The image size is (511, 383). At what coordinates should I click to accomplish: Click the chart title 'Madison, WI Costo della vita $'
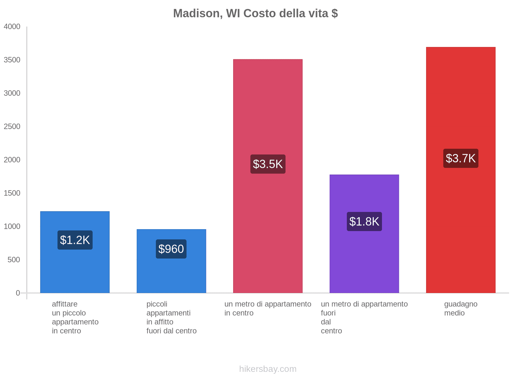pyautogui.click(x=256, y=13)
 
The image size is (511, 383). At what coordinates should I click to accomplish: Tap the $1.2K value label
pyautogui.click(x=75, y=240)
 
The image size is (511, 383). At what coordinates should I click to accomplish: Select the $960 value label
pyautogui.click(x=171, y=249)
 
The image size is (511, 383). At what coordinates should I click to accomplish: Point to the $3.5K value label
pyautogui.click(x=268, y=164)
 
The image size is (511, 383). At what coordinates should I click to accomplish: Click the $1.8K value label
pyautogui.click(x=364, y=222)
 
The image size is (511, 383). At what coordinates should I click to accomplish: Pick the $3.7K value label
pyautogui.click(x=461, y=158)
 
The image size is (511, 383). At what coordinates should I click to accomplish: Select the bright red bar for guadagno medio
pyautogui.click(x=461, y=223)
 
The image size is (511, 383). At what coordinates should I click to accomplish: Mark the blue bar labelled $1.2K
pyautogui.click(x=75, y=271)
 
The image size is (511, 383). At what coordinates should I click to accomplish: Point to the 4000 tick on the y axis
pyautogui.click(x=12, y=27)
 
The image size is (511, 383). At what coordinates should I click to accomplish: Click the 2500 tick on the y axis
pyautogui.click(x=12, y=127)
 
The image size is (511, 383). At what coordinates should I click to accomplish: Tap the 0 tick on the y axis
pyautogui.click(x=18, y=293)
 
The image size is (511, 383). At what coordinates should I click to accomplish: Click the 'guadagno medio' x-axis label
pyautogui.click(x=461, y=308)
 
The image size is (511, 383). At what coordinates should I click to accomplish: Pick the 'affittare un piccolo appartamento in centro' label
pyautogui.click(x=75, y=317)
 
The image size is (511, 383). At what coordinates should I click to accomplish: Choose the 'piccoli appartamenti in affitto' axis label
pyautogui.click(x=171, y=317)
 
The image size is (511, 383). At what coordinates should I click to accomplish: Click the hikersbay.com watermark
pyautogui.click(x=268, y=369)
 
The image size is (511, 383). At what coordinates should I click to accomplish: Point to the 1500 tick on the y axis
pyautogui.click(x=12, y=193)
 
